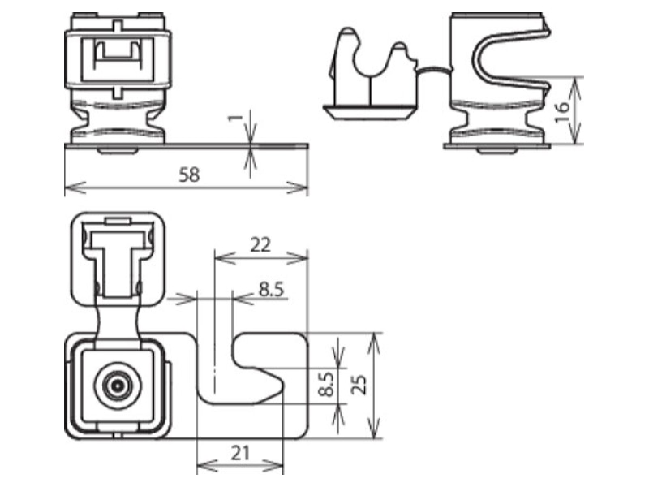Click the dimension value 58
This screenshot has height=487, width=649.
[x=189, y=175]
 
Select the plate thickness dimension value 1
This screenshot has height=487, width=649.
[x=235, y=118]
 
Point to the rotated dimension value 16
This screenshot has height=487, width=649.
[x=562, y=112]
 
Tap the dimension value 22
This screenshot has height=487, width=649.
[x=260, y=245]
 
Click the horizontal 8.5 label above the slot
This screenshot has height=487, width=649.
[x=272, y=289]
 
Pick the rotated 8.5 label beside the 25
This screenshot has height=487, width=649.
[x=327, y=384]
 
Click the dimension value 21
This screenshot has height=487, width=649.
[x=240, y=454]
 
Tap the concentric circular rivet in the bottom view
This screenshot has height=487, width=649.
[x=118, y=386]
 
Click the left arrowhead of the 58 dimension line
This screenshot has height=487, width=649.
[x=75, y=187]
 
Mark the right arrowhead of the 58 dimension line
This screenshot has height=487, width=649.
[x=298, y=187]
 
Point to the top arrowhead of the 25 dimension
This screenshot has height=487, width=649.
[x=374, y=343]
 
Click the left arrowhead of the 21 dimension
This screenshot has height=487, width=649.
[x=207, y=466]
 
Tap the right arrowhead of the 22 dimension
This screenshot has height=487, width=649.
[x=298, y=258]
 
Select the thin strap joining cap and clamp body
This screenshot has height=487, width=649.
[x=433, y=69]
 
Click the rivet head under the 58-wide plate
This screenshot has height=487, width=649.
[x=118, y=151]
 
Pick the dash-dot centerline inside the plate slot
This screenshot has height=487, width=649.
[x=215, y=321]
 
